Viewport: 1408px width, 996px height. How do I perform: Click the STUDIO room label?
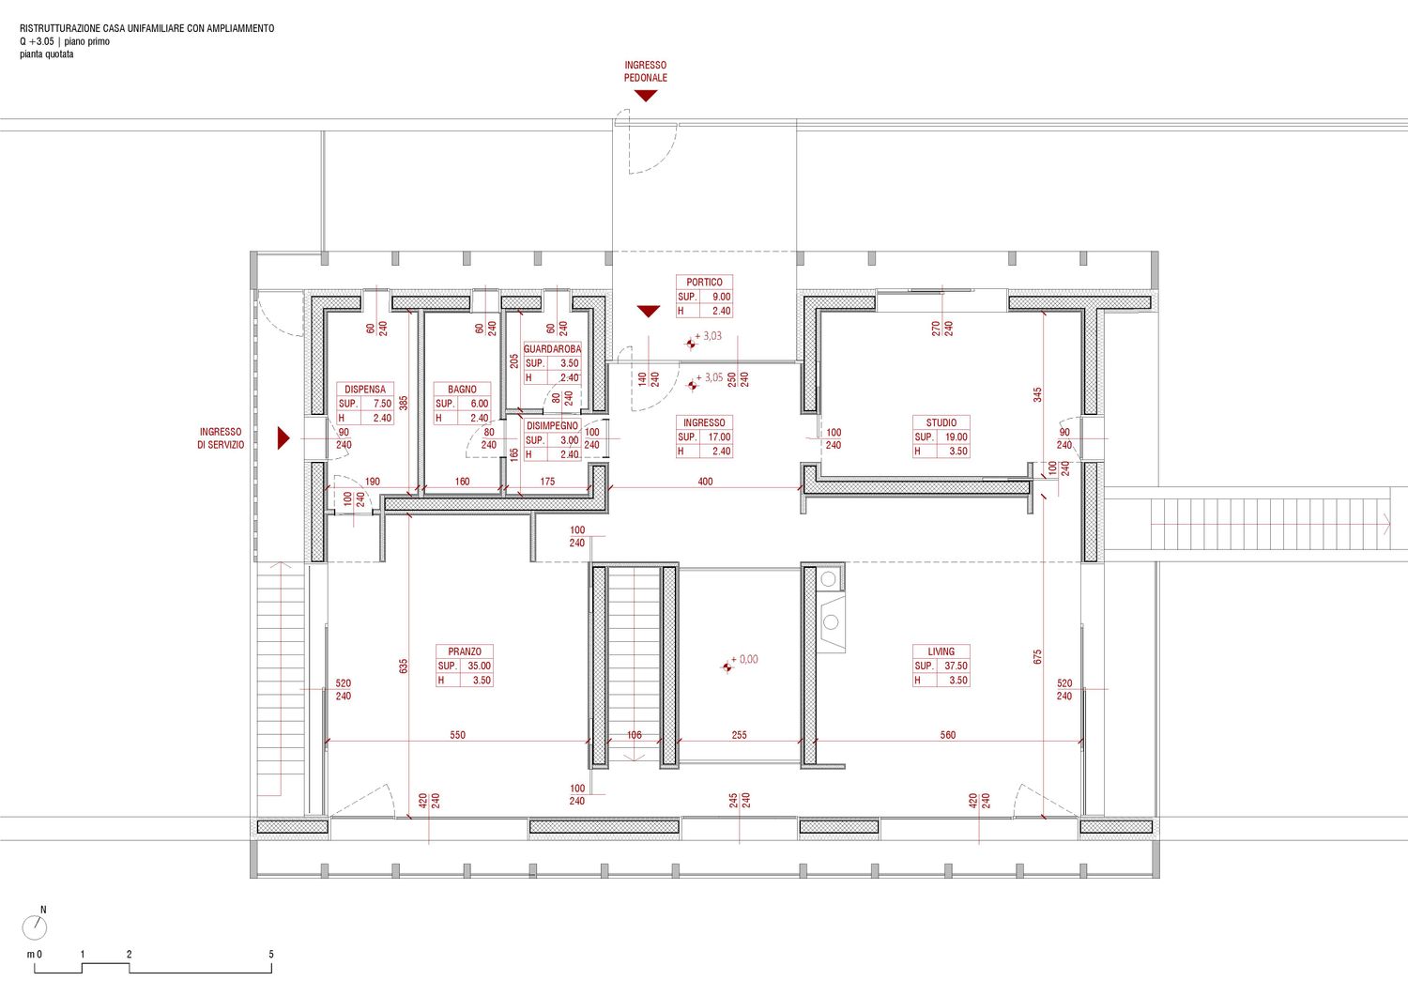pos(941,422)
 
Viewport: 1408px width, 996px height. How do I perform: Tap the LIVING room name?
pos(941,651)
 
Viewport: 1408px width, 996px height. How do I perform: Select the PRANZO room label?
pos(465,651)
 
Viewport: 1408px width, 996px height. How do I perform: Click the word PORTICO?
pos(704,283)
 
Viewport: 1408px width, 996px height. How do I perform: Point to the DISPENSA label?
pos(364,390)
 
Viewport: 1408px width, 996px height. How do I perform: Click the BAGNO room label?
pos(462,390)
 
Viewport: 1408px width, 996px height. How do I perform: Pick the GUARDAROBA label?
pos(553,349)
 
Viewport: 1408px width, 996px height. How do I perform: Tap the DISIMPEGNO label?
pos(553,425)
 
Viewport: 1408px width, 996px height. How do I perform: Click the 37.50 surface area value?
pos(956,666)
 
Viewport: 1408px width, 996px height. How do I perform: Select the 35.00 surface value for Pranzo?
pos(479,666)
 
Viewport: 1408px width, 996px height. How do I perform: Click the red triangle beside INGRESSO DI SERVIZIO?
pos(283,437)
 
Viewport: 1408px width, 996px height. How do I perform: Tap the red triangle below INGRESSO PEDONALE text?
pos(646,96)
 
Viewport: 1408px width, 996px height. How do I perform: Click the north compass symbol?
pos(35,927)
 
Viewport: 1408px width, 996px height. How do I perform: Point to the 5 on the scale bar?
pos(271,954)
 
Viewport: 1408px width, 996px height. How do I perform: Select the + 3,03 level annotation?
pos(708,336)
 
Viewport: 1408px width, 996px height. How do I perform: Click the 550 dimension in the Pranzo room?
pos(458,734)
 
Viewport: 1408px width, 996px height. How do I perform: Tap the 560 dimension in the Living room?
pos(948,734)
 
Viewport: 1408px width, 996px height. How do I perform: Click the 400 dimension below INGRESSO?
pos(705,481)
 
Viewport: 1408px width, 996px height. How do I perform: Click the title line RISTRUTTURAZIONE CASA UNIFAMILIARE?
pos(147,28)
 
